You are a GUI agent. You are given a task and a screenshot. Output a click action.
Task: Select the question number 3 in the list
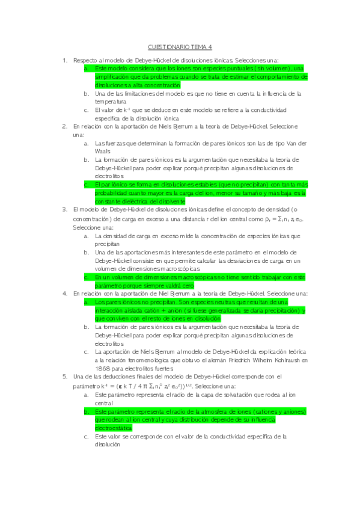coord(65,209)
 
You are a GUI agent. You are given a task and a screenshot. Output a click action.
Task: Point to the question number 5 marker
coord(65,376)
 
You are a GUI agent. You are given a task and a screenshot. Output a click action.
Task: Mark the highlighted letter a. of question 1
coord(87,69)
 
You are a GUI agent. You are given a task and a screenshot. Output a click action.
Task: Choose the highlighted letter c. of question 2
coord(87,185)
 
